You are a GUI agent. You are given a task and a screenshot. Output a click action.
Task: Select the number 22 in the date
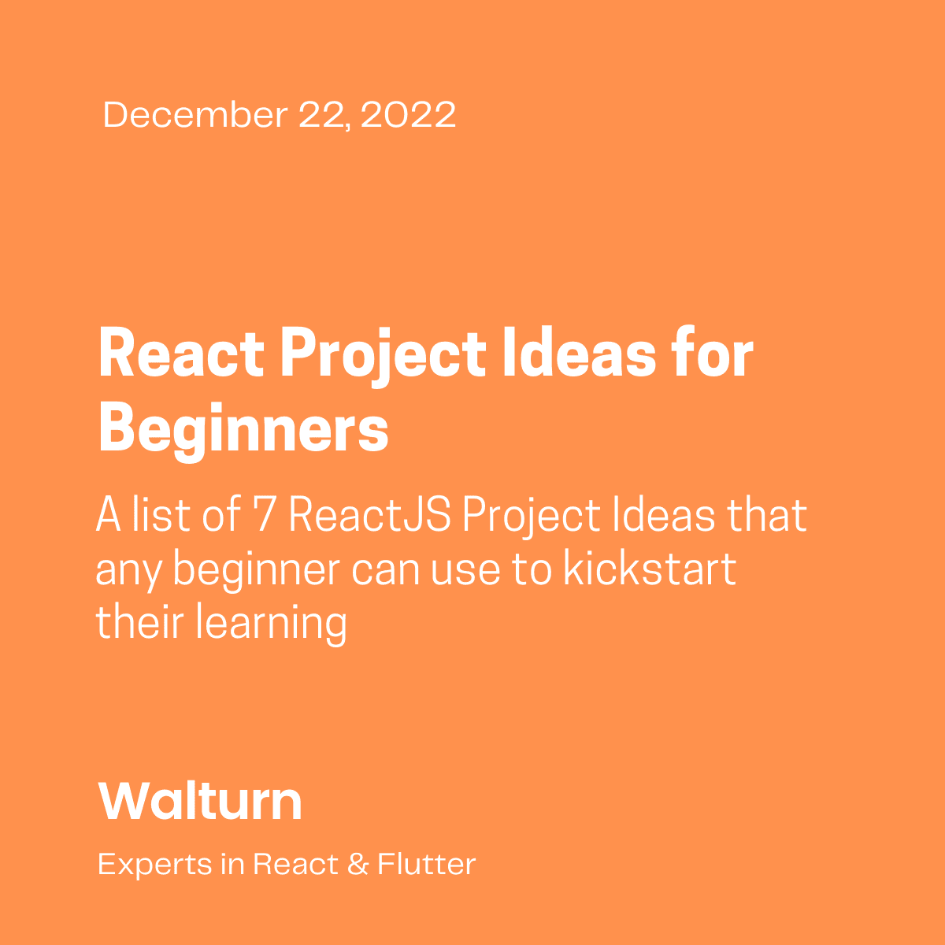pos(323,115)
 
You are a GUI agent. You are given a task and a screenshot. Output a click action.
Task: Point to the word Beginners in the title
pos(243,431)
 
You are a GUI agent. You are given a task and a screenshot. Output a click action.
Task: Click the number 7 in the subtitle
pos(264,517)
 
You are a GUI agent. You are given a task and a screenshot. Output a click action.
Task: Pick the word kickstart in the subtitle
pos(650,569)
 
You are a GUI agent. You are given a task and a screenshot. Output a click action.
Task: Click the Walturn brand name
pos(200,802)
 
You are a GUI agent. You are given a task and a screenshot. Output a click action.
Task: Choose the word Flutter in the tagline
pos(426,865)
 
